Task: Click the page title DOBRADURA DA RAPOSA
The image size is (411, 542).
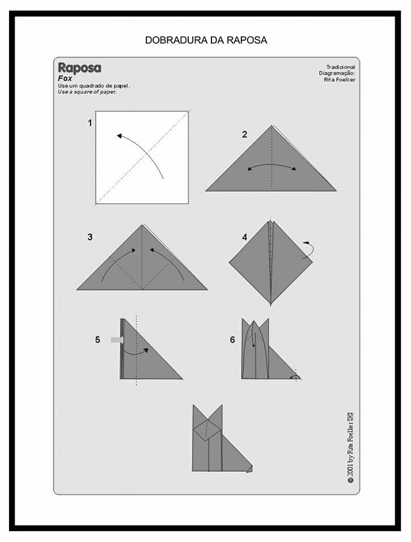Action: tap(206, 40)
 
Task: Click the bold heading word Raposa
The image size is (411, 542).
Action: tap(80, 68)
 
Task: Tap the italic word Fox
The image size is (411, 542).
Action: tap(65, 78)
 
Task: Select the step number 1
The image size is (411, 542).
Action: tap(90, 123)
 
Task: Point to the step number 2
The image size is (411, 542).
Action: tap(244, 134)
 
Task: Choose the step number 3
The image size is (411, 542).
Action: tap(90, 237)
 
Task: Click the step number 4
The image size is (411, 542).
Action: tap(245, 237)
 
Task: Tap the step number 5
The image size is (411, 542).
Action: tap(98, 340)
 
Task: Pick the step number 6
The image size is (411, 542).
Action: tap(232, 340)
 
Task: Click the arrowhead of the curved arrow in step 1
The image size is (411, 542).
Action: tap(119, 136)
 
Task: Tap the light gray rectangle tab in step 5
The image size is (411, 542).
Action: tap(116, 340)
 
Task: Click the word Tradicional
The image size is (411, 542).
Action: tap(341, 67)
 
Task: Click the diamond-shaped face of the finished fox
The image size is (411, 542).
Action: tap(207, 430)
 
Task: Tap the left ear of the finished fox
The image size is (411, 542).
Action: tap(199, 415)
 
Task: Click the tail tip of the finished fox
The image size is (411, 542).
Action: tap(250, 469)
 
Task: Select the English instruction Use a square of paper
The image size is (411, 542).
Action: tap(87, 92)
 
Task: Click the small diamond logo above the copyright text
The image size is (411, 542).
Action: tap(350, 416)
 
